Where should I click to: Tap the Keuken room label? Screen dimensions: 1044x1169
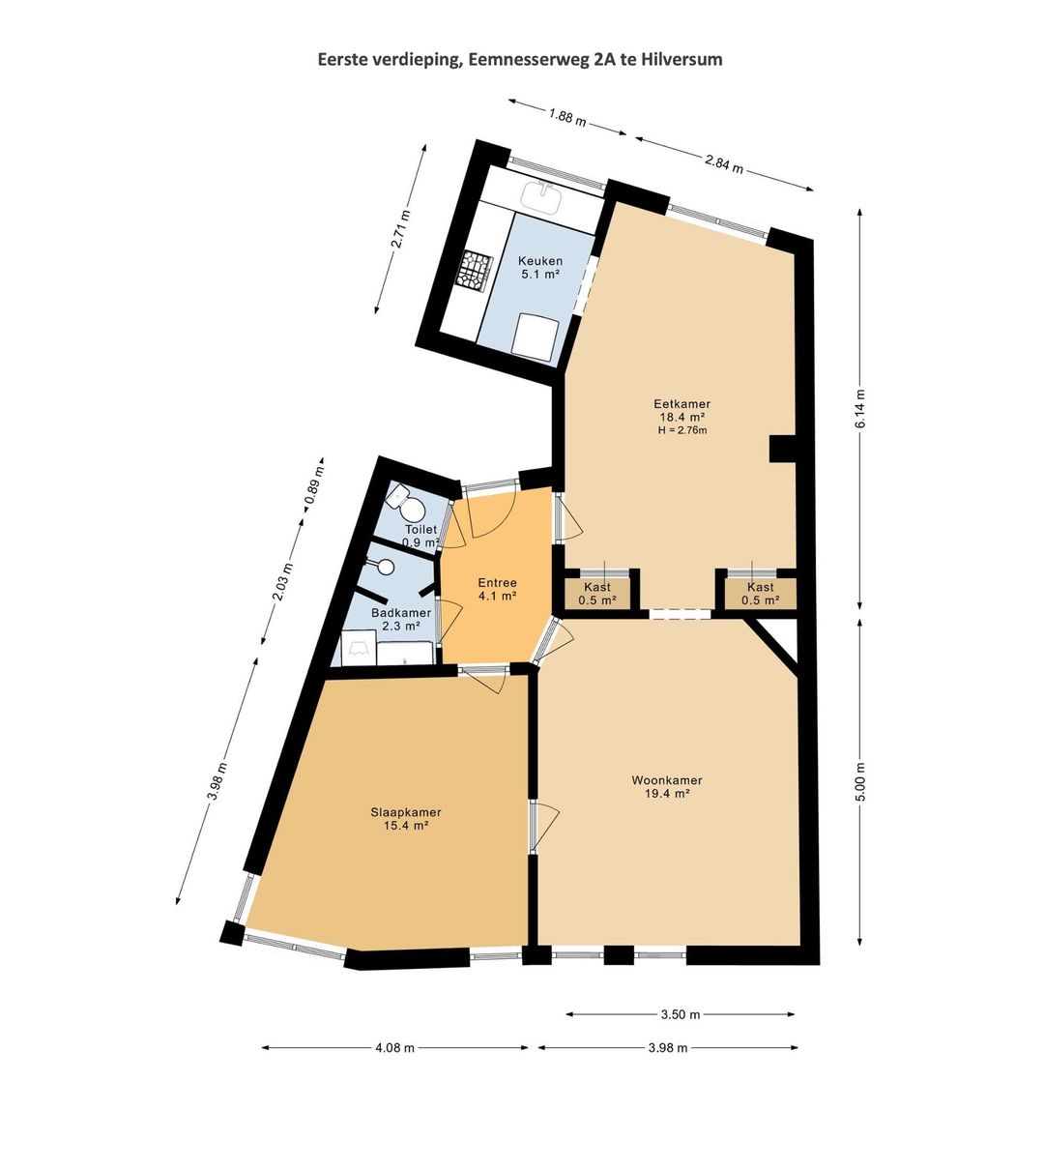click(539, 261)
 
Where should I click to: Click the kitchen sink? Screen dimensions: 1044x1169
click(540, 196)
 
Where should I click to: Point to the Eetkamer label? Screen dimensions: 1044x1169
click(681, 404)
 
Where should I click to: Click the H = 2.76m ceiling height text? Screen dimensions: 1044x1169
click(682, 430)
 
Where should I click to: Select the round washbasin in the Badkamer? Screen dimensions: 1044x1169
click(384, 568)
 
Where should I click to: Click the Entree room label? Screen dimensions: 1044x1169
click(497, 583)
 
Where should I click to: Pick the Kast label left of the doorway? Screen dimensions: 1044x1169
click(597, 587)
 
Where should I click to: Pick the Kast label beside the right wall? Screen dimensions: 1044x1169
click(760, 587)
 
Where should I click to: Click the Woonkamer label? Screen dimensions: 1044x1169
click(667, 780)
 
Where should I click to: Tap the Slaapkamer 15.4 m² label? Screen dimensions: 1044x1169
click(405, 819)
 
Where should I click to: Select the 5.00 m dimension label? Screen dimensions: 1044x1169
click(860, 782)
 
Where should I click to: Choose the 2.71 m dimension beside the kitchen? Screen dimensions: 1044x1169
click(401, 228)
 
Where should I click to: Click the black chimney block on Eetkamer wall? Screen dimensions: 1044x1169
click(783, 449)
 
